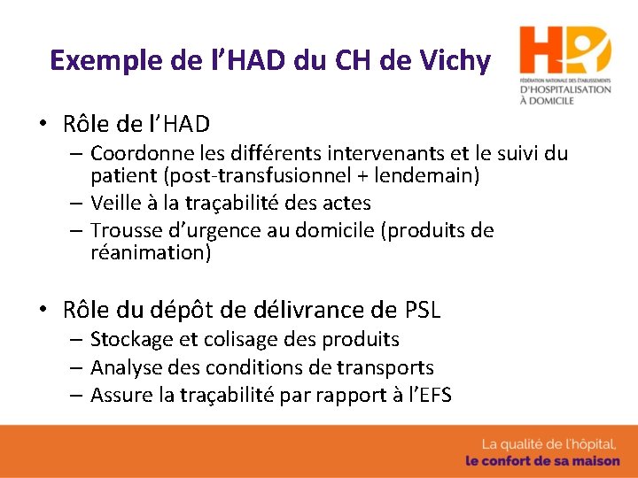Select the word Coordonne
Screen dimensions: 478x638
[138, 154]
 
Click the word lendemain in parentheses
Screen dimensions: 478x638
[426, 175]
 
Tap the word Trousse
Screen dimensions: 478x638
[125, 231]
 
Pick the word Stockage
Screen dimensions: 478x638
[129, 340]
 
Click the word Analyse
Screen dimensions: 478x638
[125, 367]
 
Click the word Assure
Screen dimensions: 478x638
[121, 395]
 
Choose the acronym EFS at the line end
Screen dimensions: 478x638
[432, 395]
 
